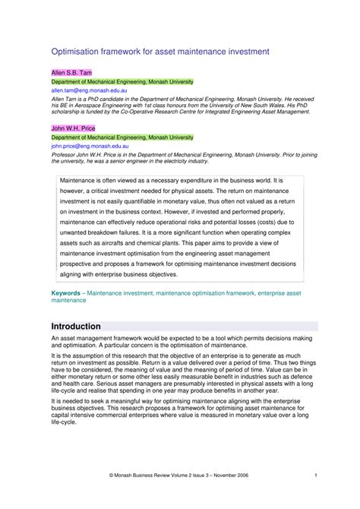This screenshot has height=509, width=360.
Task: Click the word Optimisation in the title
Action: (76, 52)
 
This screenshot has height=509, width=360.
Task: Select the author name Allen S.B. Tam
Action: (71, 73)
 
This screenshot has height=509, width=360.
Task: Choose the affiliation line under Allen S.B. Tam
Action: (122, 81)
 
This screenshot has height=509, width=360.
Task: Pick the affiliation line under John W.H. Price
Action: (122, 137)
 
